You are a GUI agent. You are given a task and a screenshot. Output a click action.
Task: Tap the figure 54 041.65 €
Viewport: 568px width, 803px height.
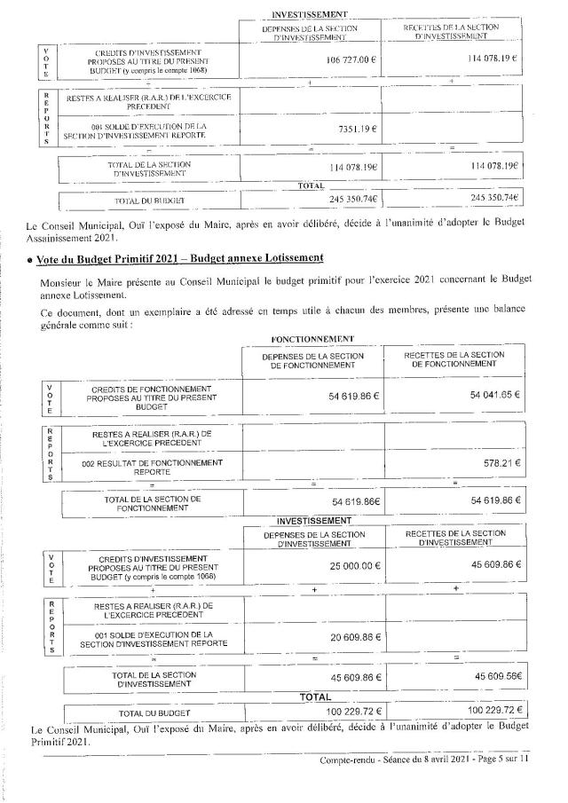pos(494,394)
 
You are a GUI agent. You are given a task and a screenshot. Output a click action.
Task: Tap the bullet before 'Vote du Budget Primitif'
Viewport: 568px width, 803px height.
pos(30,259)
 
